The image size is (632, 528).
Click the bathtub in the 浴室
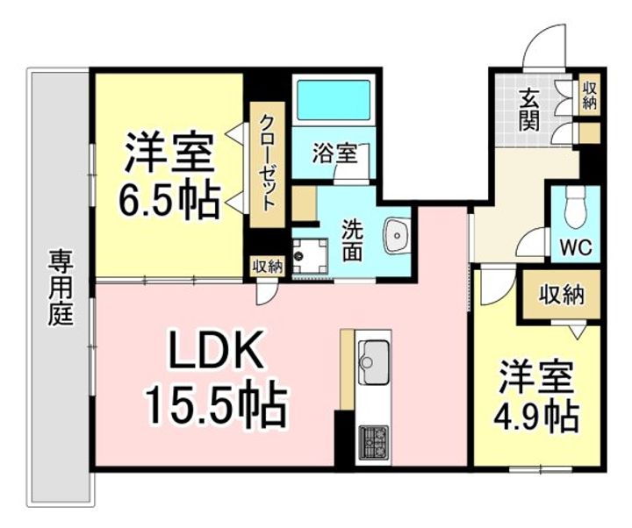click(334, 100)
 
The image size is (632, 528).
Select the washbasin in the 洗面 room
click(397, 235)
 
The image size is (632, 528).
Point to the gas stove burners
click(374, 442)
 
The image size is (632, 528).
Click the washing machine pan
click(310, 256)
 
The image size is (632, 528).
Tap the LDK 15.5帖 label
click(216, 378)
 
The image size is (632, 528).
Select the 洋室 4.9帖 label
click(536, 397)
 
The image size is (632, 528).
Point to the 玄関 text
click(528, 110)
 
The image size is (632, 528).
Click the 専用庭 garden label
click(61, 288)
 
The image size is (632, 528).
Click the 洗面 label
click(352, 241)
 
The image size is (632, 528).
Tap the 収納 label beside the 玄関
click(589, 96)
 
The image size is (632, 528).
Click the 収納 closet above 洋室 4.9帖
click(562, 296)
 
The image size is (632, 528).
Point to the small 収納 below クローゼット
click(267, 267)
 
